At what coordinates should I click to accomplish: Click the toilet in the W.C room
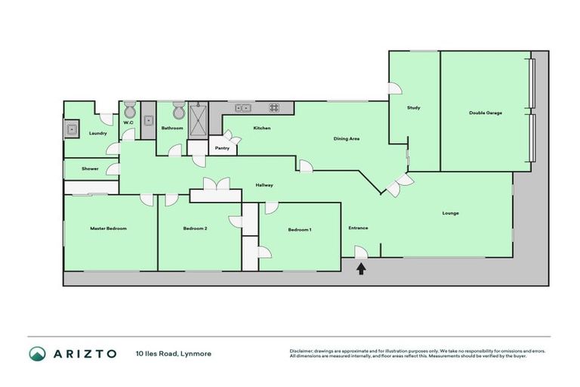129,107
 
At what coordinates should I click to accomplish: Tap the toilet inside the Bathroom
178,112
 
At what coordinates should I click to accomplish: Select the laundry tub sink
72,128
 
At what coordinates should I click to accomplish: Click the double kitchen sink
243,107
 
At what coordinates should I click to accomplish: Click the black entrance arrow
361,268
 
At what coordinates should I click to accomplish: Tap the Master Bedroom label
108,228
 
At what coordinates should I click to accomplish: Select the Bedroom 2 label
195,228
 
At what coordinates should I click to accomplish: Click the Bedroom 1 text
300,229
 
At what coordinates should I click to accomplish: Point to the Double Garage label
486,113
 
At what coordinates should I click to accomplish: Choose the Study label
413,107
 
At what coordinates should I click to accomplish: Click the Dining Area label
347,139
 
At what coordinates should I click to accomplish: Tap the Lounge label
450,212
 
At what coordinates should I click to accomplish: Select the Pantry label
222,148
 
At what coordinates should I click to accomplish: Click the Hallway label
264,184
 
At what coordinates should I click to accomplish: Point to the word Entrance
358,228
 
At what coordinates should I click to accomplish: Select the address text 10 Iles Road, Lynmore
174,353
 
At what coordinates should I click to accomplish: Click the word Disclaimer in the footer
304,351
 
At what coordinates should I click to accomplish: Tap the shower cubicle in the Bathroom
199,117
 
